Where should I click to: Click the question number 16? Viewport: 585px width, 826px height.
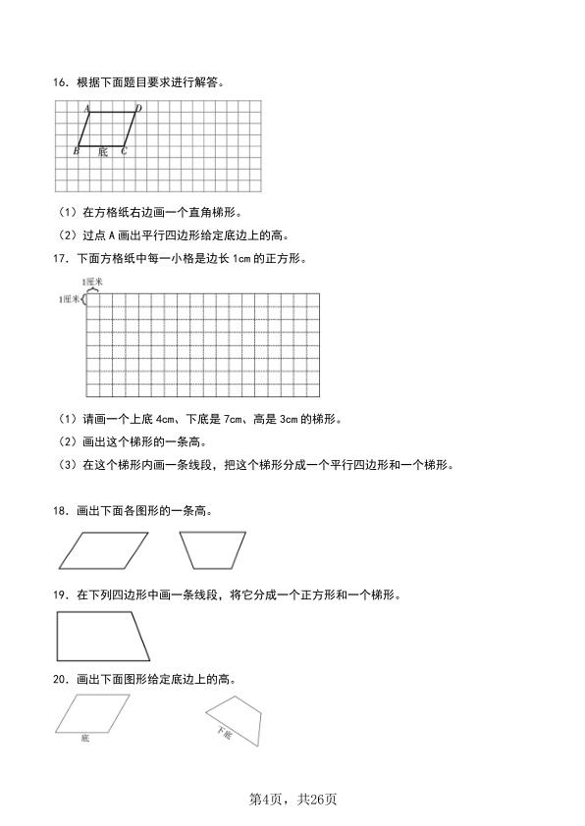click(60, 82)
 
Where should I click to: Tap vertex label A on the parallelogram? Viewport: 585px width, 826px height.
click(86, 108)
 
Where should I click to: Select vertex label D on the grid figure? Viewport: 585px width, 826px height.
click(138, 108)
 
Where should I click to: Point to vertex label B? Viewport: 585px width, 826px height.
click(77, 151)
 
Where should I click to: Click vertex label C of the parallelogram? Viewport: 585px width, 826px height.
click(124, 151)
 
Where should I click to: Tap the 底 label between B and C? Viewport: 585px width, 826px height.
click(103, 152)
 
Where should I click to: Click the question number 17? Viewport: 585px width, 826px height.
click(60, 259)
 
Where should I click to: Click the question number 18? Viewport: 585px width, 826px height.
click(60, 510)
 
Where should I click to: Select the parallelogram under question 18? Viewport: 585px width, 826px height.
click(103, 550)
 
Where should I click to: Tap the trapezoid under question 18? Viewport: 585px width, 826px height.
click(212, 550)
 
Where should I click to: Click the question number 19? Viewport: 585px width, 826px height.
click(60, 594)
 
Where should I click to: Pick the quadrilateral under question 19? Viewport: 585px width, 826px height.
click(102, 636)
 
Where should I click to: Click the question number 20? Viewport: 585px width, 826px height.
click(60, 679)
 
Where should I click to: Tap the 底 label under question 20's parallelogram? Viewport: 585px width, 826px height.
click(85, 737)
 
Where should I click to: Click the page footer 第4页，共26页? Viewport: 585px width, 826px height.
click(292, 800)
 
